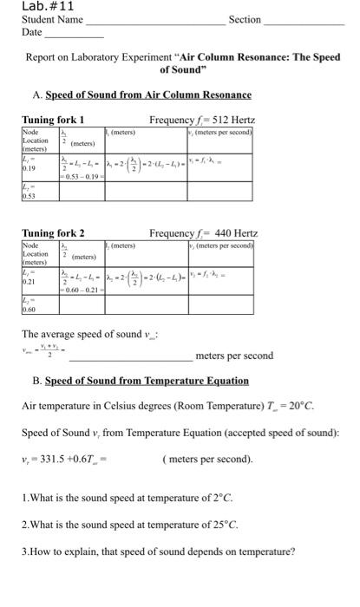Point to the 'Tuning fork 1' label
[53, 119]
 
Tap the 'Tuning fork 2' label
[53, 233]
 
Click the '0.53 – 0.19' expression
[79, 177]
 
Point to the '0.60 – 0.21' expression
[79, 290]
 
